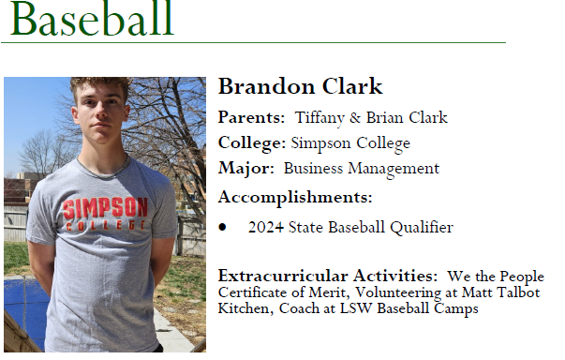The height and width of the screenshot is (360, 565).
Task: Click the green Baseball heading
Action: coord(91,19)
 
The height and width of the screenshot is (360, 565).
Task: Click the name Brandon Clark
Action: coord(300,87)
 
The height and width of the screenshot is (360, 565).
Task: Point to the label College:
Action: coord(252,143)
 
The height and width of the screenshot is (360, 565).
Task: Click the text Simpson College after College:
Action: coord(350,143)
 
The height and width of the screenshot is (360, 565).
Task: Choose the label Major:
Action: coord(246,169)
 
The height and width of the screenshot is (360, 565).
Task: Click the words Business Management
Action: coord(361,169)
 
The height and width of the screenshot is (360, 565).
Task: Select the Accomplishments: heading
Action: coord(295,197)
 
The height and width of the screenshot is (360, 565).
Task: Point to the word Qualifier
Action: coord(421,227)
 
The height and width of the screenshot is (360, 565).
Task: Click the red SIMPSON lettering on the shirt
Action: coord(106,207)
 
